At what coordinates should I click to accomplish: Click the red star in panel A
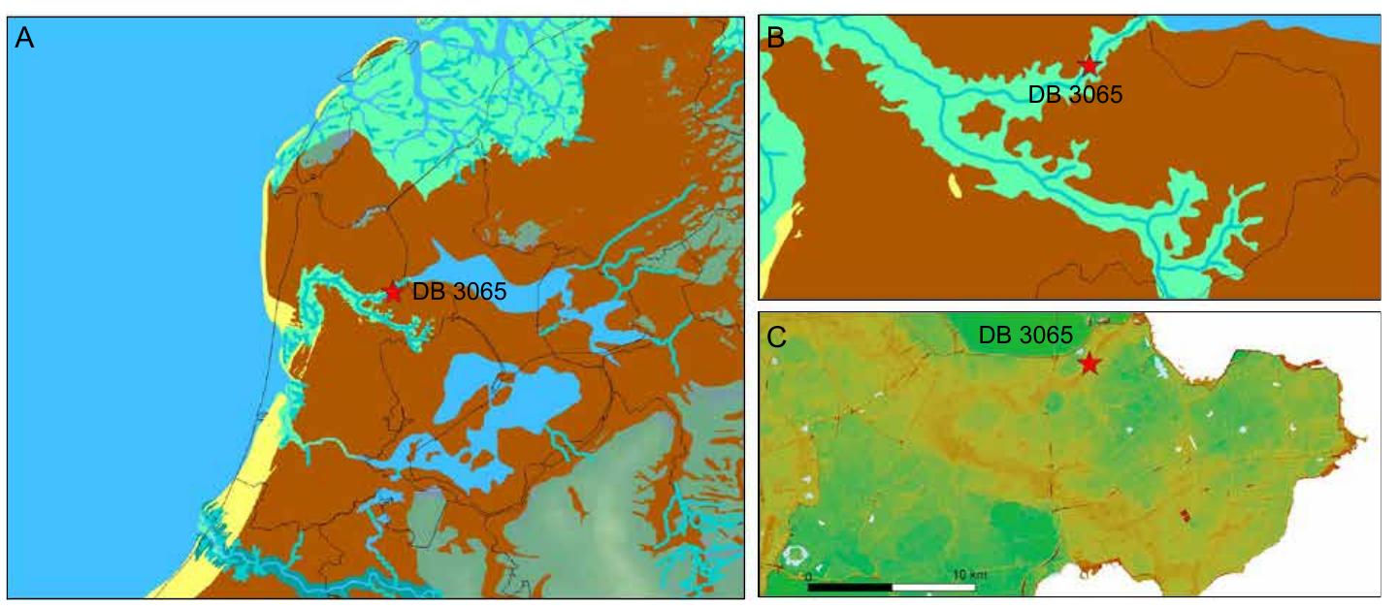(392, 292)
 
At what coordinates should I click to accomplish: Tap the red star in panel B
(1089, 66)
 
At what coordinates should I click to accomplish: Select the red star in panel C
(1089, 364)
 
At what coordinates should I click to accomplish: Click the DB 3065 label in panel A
(459, 292)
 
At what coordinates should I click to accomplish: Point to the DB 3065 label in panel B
(1075, 95)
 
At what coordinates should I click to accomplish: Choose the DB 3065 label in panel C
(1025, 336)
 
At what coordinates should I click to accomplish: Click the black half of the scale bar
(850, 587)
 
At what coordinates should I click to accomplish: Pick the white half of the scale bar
(933, 587)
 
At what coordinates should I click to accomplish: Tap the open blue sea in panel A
(126, 291)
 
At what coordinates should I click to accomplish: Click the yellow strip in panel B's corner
(797, 219)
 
